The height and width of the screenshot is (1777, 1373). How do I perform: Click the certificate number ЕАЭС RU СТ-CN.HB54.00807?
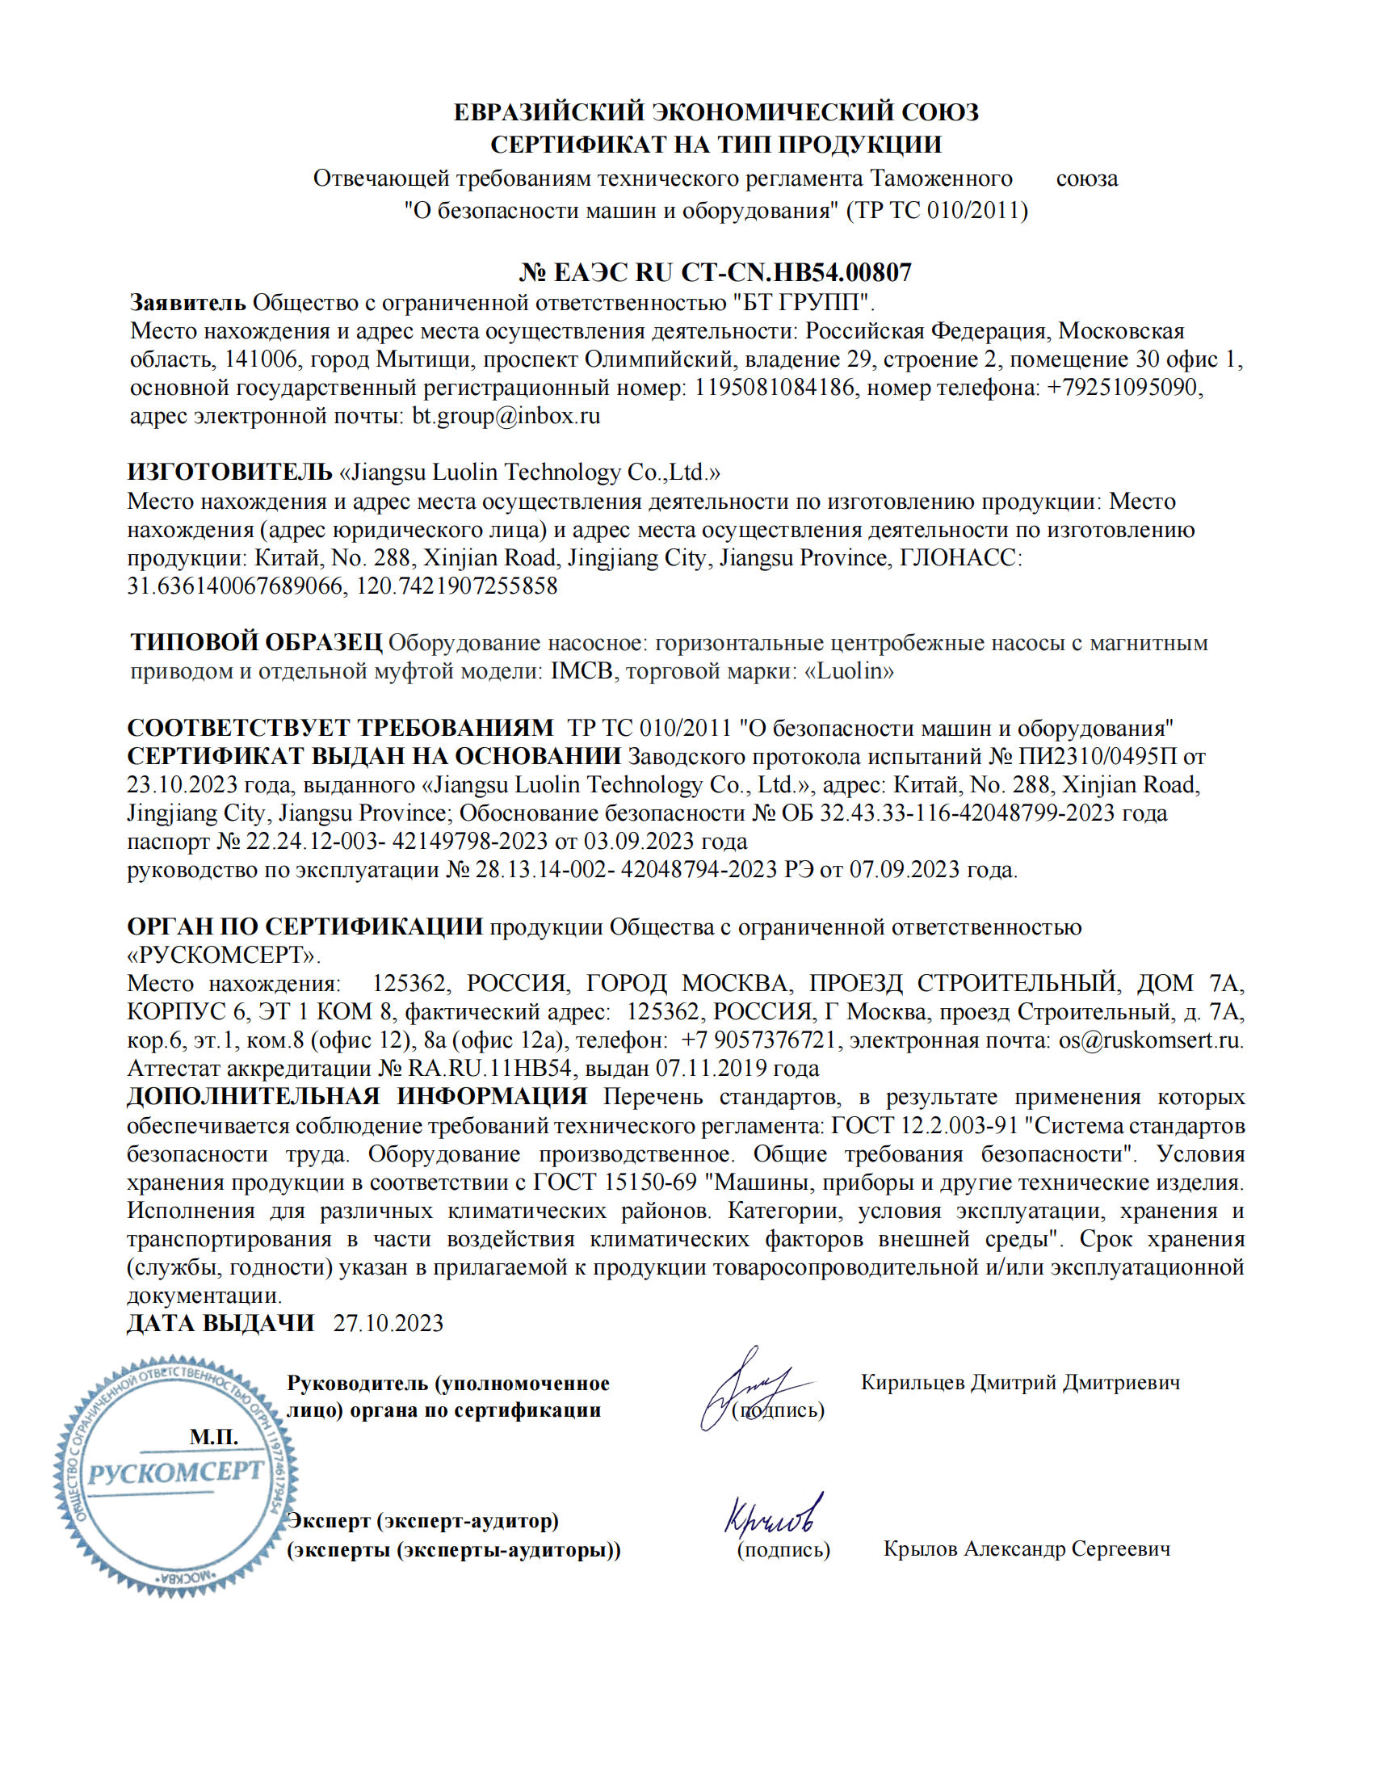click(732, 271)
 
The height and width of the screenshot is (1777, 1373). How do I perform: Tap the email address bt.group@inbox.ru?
click(506, 416)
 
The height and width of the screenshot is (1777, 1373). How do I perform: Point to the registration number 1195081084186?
click(774, 387)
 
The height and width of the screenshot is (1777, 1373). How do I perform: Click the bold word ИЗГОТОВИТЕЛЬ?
click(229, 472)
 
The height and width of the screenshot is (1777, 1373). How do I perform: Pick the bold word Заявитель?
click(187, 303)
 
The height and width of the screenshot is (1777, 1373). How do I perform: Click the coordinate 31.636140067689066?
click(235, 586)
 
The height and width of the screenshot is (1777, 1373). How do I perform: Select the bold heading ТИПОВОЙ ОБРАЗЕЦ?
click(255, 643)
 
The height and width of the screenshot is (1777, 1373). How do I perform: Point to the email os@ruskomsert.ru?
click(1149, 1040)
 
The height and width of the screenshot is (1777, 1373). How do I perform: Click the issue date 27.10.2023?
click(388, 1324)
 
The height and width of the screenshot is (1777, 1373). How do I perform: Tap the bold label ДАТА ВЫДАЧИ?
click(220, 1324)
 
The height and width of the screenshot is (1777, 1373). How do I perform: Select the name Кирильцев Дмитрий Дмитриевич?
click(1020, 1382)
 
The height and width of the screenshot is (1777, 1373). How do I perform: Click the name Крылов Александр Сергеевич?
click(1027, 1549)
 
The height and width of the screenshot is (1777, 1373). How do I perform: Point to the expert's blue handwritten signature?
click(772, 1514)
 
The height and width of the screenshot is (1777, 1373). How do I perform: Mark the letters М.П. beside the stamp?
click(214, 1437)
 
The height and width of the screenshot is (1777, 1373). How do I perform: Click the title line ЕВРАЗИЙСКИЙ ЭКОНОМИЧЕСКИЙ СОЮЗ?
click(716, 112)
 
